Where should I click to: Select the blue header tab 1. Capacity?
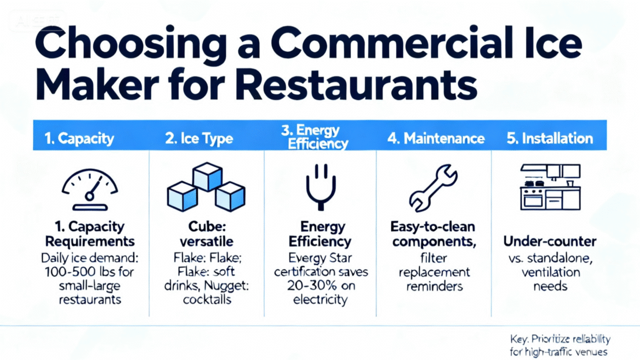(81, 138)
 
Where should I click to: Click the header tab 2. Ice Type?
(198, 138)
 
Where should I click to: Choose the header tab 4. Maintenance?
(435, 138)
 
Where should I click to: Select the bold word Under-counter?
(549, 241)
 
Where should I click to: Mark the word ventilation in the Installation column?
(550, 272)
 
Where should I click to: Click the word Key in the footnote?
(519, 339)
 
